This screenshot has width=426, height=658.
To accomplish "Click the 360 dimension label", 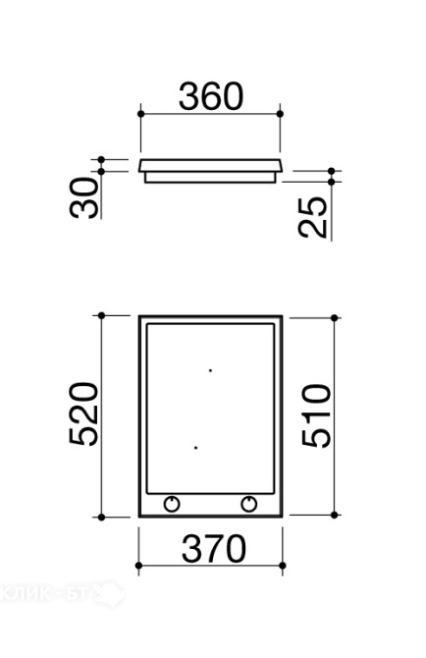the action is (210, 96).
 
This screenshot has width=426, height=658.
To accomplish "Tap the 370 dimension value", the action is (213, 548).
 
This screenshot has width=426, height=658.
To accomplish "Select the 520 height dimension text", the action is (83, 413).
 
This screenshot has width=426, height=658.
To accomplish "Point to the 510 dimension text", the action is (316, 415).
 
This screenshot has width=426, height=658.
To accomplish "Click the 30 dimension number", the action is (83, 197).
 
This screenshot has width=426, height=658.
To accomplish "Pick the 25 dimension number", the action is (312, 217).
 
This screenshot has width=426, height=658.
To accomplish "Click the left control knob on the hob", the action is (172, 504).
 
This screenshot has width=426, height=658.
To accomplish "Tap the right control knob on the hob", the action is (249, 504).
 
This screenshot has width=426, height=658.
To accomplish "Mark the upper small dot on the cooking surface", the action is (210, 370).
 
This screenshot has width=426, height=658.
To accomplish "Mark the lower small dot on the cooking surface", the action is (195, 448).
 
